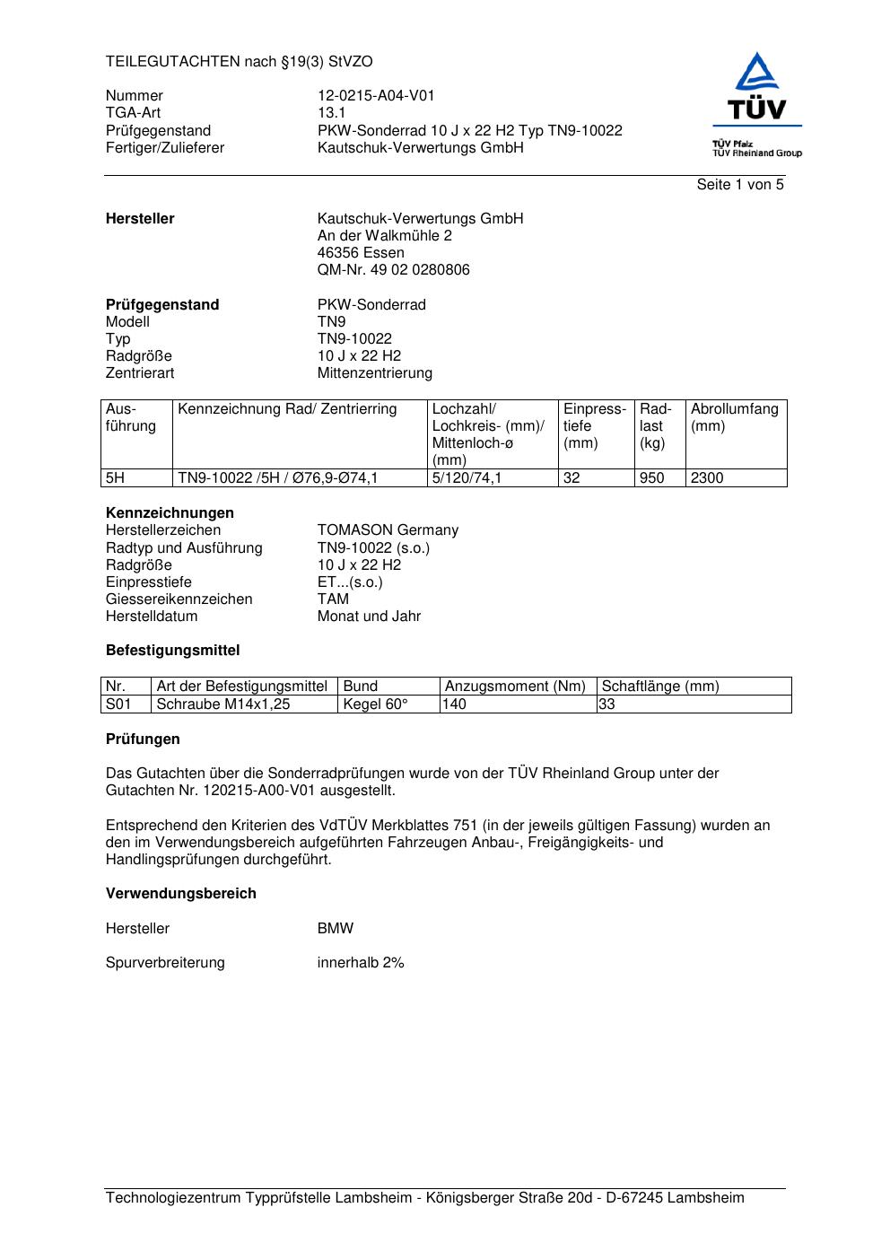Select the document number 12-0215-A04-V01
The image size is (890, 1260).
click(376, 96)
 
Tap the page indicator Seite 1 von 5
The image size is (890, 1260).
click(739, 185)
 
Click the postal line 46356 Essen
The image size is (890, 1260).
click(361, 253)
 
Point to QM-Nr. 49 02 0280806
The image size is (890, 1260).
click(393, 270)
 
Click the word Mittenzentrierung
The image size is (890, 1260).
click(374, 373)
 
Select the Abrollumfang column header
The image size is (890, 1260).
click(734, 410)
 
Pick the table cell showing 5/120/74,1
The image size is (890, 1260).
click(467, 478)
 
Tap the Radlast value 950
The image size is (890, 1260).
click(651, 478)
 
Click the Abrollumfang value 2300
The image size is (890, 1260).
click(707, 478)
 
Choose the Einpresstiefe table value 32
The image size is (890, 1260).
click(572, 478)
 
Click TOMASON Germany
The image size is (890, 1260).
click(388, 530)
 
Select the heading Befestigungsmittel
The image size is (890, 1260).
click(172, 651)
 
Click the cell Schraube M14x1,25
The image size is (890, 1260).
click(223, 704)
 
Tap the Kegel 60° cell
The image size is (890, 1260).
click(375, 704)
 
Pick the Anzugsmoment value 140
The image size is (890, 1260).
click(455, 704)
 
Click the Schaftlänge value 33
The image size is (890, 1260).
click(607, 704)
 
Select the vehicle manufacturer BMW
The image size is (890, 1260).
click(335, 929)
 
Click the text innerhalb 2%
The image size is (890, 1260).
click(360, 963)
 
